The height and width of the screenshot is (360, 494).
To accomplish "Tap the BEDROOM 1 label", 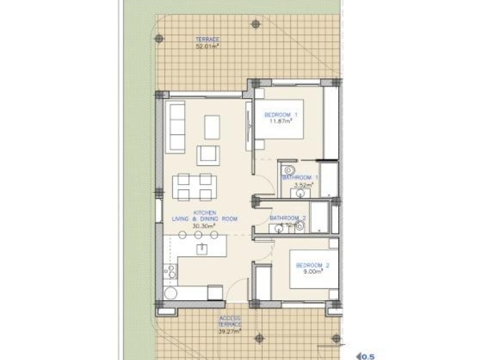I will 280,115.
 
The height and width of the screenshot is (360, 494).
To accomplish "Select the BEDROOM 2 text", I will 313,265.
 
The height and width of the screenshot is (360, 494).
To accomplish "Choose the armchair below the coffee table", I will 209,155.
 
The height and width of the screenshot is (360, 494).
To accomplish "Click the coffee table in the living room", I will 212,127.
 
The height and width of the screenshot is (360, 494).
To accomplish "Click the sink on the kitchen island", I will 202,249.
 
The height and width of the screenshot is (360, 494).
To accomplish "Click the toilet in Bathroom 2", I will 300,226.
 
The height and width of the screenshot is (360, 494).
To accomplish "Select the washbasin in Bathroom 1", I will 292,193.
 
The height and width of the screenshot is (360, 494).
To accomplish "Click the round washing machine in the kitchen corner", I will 170,293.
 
